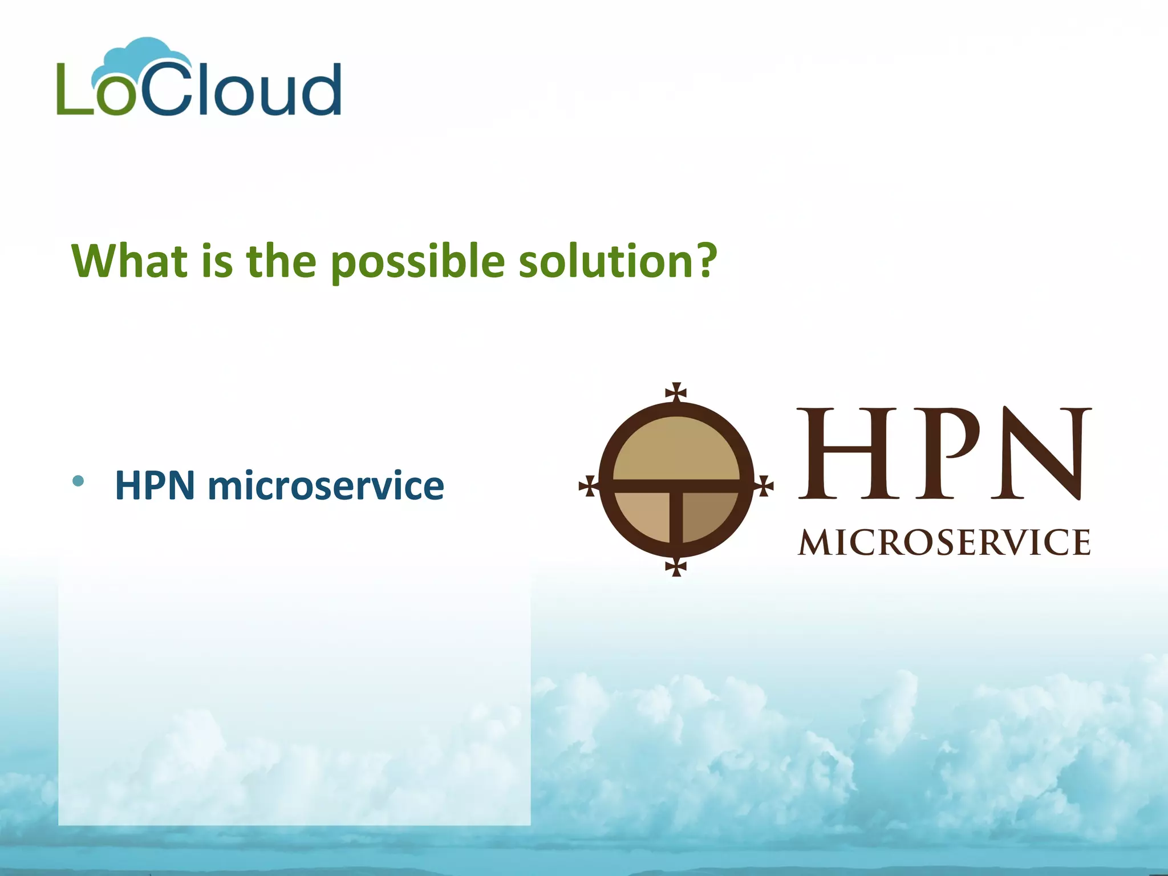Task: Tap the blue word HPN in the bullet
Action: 155,485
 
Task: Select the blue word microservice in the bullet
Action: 326,485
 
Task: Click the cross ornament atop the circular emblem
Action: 676,392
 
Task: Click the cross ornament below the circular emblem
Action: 676,567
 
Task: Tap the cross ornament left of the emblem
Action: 588,486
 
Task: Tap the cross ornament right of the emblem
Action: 764,486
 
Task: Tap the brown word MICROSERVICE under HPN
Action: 944,542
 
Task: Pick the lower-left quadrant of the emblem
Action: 644,513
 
